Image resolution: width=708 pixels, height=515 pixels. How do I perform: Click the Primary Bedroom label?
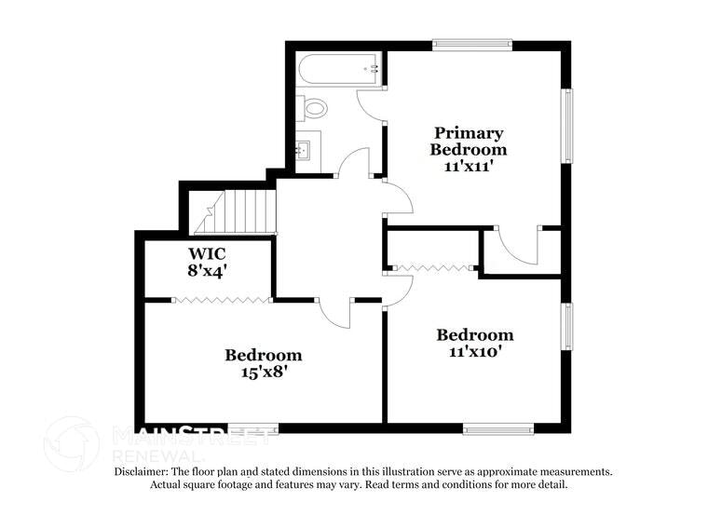point(468,141)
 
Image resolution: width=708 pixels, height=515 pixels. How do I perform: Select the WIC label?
point(207,254)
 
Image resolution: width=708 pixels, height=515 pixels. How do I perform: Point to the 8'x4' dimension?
point(207,271)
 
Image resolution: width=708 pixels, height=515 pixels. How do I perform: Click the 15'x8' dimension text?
point(263,372)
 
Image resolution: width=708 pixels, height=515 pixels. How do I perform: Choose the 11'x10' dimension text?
point(475,351)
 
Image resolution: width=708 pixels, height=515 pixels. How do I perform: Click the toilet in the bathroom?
point(314,109)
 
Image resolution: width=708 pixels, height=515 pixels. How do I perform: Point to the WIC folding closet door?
point(222,299)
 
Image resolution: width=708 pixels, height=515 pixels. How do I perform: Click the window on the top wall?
point(472,43)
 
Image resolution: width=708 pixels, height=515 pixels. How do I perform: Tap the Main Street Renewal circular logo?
point(72,443)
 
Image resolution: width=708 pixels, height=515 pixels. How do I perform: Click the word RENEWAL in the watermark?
point(154,457)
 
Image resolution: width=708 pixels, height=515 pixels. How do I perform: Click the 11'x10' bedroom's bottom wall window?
point(498,428)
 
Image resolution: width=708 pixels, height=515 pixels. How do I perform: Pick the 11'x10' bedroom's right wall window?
point(565,326)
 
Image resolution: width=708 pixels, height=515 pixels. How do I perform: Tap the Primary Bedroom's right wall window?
point(565,126)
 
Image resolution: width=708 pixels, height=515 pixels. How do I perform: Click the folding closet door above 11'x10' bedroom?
point(432,268)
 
